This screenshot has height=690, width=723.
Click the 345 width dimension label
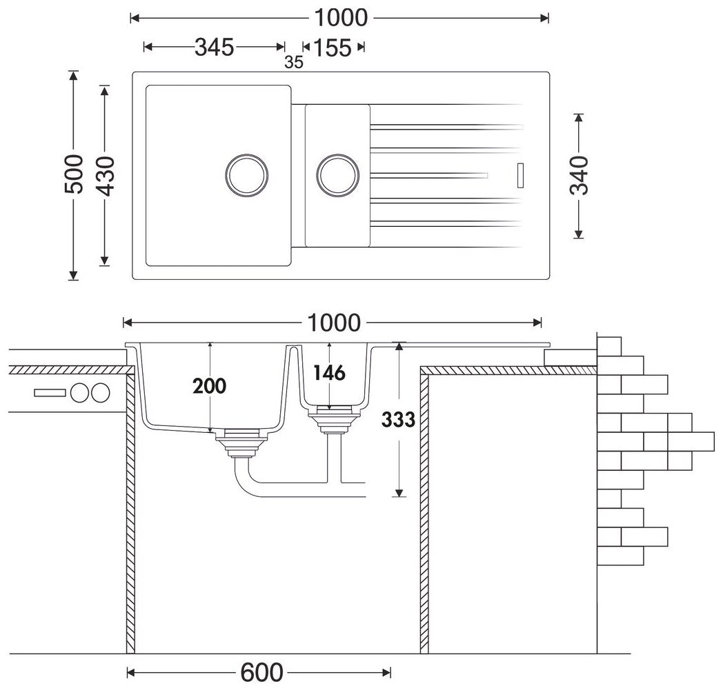coord(215,47)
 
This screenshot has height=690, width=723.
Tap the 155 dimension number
coord(333,48)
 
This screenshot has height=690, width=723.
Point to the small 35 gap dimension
coord(294,62)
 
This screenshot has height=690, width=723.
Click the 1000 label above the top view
coord(339,17)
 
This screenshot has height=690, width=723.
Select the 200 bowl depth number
coord(209,386)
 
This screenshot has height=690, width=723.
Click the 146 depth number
coord(329,373)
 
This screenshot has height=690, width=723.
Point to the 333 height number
coord(398,419)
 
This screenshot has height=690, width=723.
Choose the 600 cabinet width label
coord(262,671)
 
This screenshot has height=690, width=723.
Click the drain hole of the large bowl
coord(246,173)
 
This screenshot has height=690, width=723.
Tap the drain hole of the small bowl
coord(337,173)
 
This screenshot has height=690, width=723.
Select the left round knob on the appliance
coord(80,393)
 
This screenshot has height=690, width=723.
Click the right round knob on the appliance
coord(99,393)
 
